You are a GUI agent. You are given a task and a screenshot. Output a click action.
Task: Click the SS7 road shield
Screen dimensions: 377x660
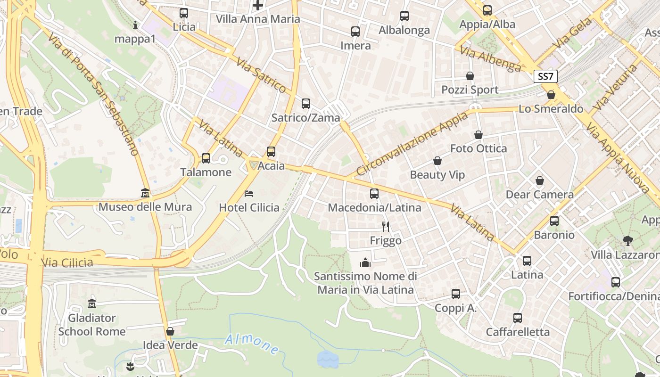coord(546,76)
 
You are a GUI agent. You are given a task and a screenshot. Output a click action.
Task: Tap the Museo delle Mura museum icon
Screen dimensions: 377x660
coord(145,193)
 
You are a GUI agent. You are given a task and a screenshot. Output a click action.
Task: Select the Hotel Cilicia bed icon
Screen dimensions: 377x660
coord(249,194)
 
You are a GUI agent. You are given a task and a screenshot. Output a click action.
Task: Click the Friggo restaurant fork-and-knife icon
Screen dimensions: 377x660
coord(386,227)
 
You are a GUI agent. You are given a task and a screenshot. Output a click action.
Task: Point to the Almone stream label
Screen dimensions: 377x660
coord(252,344)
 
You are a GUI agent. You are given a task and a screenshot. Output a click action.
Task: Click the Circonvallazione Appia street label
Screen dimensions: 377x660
coord(413,143)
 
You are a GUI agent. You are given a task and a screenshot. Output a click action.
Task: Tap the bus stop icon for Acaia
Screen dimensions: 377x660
coord(271,152)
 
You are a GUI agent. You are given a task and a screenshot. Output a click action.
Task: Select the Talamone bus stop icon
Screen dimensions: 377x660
coord(206,158)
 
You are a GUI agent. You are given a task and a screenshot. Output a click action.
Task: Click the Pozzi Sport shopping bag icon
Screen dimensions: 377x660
coord(470,76)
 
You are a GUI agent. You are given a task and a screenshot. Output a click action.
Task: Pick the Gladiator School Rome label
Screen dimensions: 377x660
coord(91,325)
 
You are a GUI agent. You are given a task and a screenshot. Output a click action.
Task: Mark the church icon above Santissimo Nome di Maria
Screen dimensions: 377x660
coord(365,262)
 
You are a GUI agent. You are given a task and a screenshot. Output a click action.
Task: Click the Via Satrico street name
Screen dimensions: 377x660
coord(261,75)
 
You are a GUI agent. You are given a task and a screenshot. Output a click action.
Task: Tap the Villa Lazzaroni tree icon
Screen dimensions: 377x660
coord(627,241)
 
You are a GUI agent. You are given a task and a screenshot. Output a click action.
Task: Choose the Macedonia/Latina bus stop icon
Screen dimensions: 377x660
coord(374,194)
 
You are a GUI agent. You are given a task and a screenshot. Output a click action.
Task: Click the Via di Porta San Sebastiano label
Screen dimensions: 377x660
coord(93,94)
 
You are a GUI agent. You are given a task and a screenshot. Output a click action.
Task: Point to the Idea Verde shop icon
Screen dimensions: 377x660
coord(170,331)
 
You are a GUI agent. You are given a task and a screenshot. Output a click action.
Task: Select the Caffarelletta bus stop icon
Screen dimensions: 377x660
coord(518,318)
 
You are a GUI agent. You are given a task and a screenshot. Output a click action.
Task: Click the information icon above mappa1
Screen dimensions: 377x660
coord(135,25)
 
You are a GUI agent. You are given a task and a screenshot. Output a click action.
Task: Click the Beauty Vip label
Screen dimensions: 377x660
coord(437,175)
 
